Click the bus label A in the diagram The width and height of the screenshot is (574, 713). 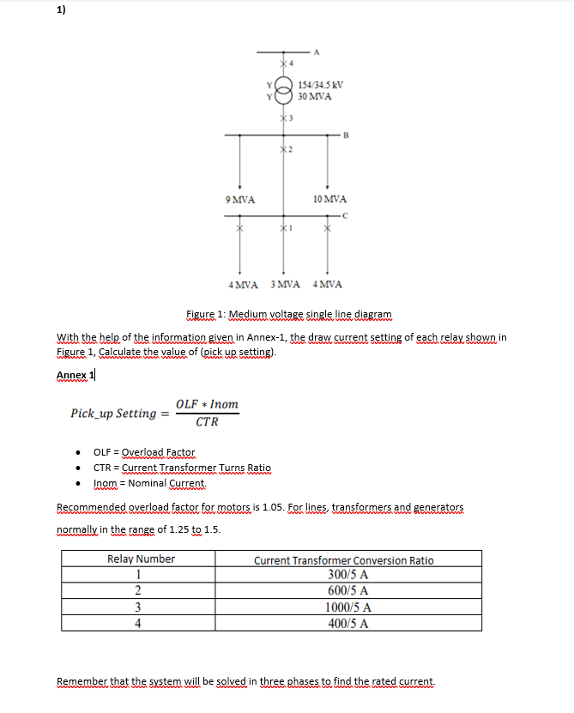[317, 51]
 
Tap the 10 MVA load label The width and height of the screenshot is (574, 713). [328, 199]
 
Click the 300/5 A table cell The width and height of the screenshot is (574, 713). [347, 574]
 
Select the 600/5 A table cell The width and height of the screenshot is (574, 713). [347, 590]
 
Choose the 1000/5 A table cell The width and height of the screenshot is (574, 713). [347, 607]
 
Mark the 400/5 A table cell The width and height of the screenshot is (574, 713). [347, 623]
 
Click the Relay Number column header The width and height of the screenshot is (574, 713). [141, 559]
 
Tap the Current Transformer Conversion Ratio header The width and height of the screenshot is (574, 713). [343, 559]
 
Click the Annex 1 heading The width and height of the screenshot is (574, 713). [76, 375]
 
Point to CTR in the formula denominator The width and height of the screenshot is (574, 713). [207, 422]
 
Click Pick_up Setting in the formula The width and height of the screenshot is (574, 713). [113, 414]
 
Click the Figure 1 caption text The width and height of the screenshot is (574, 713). [288, 315]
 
